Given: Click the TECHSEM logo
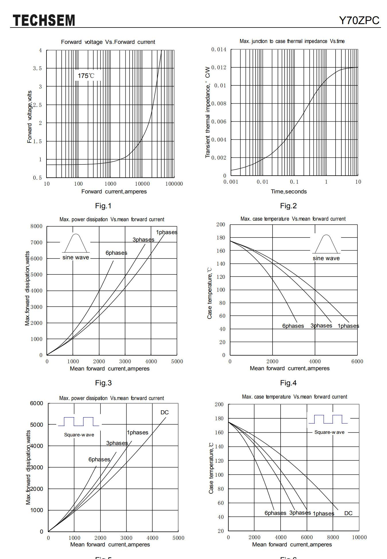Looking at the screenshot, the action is click(x=44, y=20).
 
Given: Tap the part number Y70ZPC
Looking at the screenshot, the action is click(x=359, y=20).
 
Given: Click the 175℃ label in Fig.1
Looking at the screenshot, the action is click(x=86, y=76).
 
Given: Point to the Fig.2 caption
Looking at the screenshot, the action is click(x=288, y=206).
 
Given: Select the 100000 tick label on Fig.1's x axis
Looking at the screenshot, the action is click(x=174, y=184).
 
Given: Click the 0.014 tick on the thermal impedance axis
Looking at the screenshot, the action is click(x=219, y=50).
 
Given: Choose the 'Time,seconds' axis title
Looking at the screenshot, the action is click(x=289, y=191).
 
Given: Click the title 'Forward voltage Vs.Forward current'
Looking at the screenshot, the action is click(x=108, y=42).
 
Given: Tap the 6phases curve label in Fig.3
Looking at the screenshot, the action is click(x=116, y=253).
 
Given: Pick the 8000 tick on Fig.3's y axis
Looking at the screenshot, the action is click(x=36, y=226).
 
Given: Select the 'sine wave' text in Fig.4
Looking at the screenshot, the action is click(x=326, y=258).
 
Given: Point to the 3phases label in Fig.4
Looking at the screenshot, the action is click(x=321, y=325).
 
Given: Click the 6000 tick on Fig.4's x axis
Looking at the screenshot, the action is click(x=357, y=361).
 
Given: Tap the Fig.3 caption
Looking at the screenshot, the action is click(x=103, y=383).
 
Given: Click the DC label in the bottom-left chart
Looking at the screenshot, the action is click(x=164, y=412).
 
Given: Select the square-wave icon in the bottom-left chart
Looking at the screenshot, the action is click(x=79, y=421).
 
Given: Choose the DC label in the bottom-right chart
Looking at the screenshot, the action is click(x=348, y=513).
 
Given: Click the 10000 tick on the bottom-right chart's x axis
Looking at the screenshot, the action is click(x=359, y=537).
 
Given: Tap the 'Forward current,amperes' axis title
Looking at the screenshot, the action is click(x=114, y=191).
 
